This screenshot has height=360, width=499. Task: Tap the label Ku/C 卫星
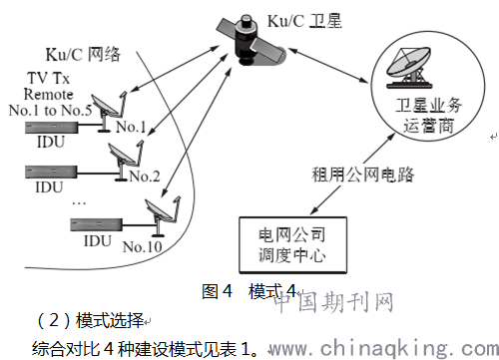tap(305, 17)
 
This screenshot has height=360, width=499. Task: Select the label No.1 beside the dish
tap(132, 127)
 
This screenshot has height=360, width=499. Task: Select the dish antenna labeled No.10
tap(159, 212)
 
